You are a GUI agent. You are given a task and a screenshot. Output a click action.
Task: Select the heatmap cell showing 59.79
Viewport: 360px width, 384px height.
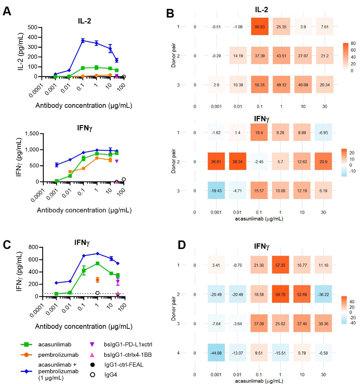tap(284, 294)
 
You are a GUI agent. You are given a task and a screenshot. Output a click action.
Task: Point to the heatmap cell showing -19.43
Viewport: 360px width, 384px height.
tap(215, 191)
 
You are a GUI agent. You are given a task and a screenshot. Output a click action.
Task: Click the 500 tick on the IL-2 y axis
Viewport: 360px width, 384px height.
tap(32, 27)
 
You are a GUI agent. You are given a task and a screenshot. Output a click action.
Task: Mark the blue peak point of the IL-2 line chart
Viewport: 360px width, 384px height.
tap(83, 41)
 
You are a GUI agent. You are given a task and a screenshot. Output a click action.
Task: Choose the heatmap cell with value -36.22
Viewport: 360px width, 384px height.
tap(323, 294)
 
